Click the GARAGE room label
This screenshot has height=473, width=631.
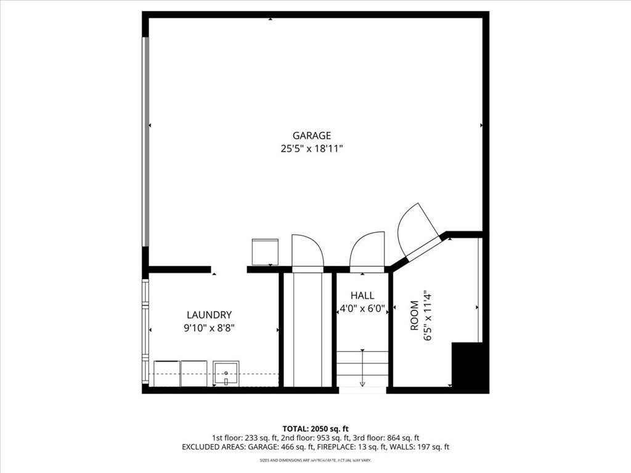311,135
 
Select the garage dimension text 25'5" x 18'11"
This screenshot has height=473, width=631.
311,149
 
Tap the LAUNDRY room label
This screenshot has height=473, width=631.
210,315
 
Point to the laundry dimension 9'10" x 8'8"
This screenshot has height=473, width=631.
210,328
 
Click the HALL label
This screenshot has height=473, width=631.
362,296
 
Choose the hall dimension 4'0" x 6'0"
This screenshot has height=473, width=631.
362,309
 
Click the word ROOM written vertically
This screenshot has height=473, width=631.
415,316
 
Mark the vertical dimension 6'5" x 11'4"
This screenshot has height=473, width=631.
428,317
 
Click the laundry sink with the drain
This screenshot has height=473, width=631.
226,373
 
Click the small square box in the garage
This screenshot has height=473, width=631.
265,252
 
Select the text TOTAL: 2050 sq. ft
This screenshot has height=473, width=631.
315,429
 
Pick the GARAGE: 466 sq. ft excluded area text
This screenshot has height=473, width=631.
281,447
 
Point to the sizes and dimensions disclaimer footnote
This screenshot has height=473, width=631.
315,460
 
